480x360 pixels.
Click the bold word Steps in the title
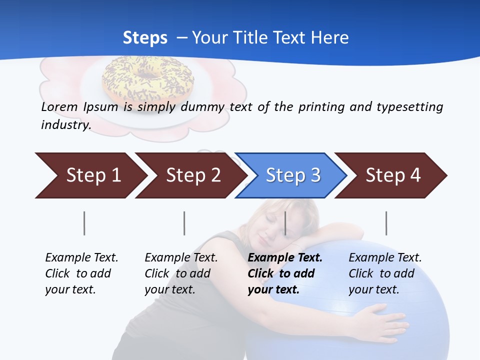pyautogui.click(x=145, y=37)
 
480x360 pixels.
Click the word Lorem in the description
pyautogui.click(x=59, y=106)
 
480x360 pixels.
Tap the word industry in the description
pyautogui.click(x=65, y=124)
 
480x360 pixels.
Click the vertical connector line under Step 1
pyautogui.click(x=84, y=223)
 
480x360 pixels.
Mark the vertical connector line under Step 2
pyautogui.click(x=184, y=223)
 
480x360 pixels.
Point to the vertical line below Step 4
pyautogui.click(x=386, y=223)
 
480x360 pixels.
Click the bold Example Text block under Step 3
pyautogui.click(x=285, y=273)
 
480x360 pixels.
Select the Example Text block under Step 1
pyautogui.click(x=81, y=273)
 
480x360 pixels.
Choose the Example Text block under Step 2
pyautogui.click(x=181, y=273)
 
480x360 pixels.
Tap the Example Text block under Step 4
pyautogui.click(x=385, y=273)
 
